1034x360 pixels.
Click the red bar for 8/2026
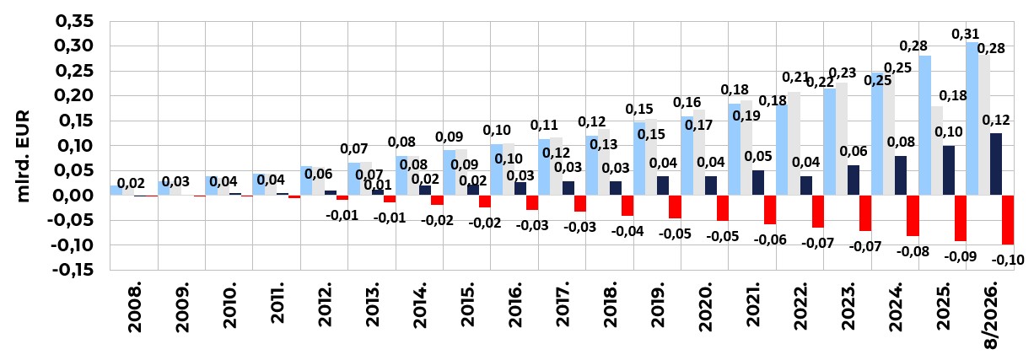tap(1008, 220)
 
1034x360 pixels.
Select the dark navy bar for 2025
tap(949, 170)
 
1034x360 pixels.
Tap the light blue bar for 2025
tap(924, 126)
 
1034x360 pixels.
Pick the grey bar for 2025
tap(937, 150)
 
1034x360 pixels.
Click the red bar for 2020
tap(723, 208)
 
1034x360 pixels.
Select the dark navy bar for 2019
tap(663, 185)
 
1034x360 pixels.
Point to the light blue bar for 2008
tap(116, 191)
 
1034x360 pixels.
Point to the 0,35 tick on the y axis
tap(74, 21)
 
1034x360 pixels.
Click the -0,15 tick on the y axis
tap(73, 270)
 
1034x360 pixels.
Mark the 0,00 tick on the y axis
tap(74, 196)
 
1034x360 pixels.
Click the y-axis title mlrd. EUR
tap(23, 156)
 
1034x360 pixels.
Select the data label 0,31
tap(965, 34)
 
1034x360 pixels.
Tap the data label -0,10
tap(1008, 260)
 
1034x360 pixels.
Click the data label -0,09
tap(961, 256)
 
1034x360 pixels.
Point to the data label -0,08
tap(913, 251)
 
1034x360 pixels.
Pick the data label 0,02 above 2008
tap(131, 183)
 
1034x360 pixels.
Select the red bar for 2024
tap(913, 216)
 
